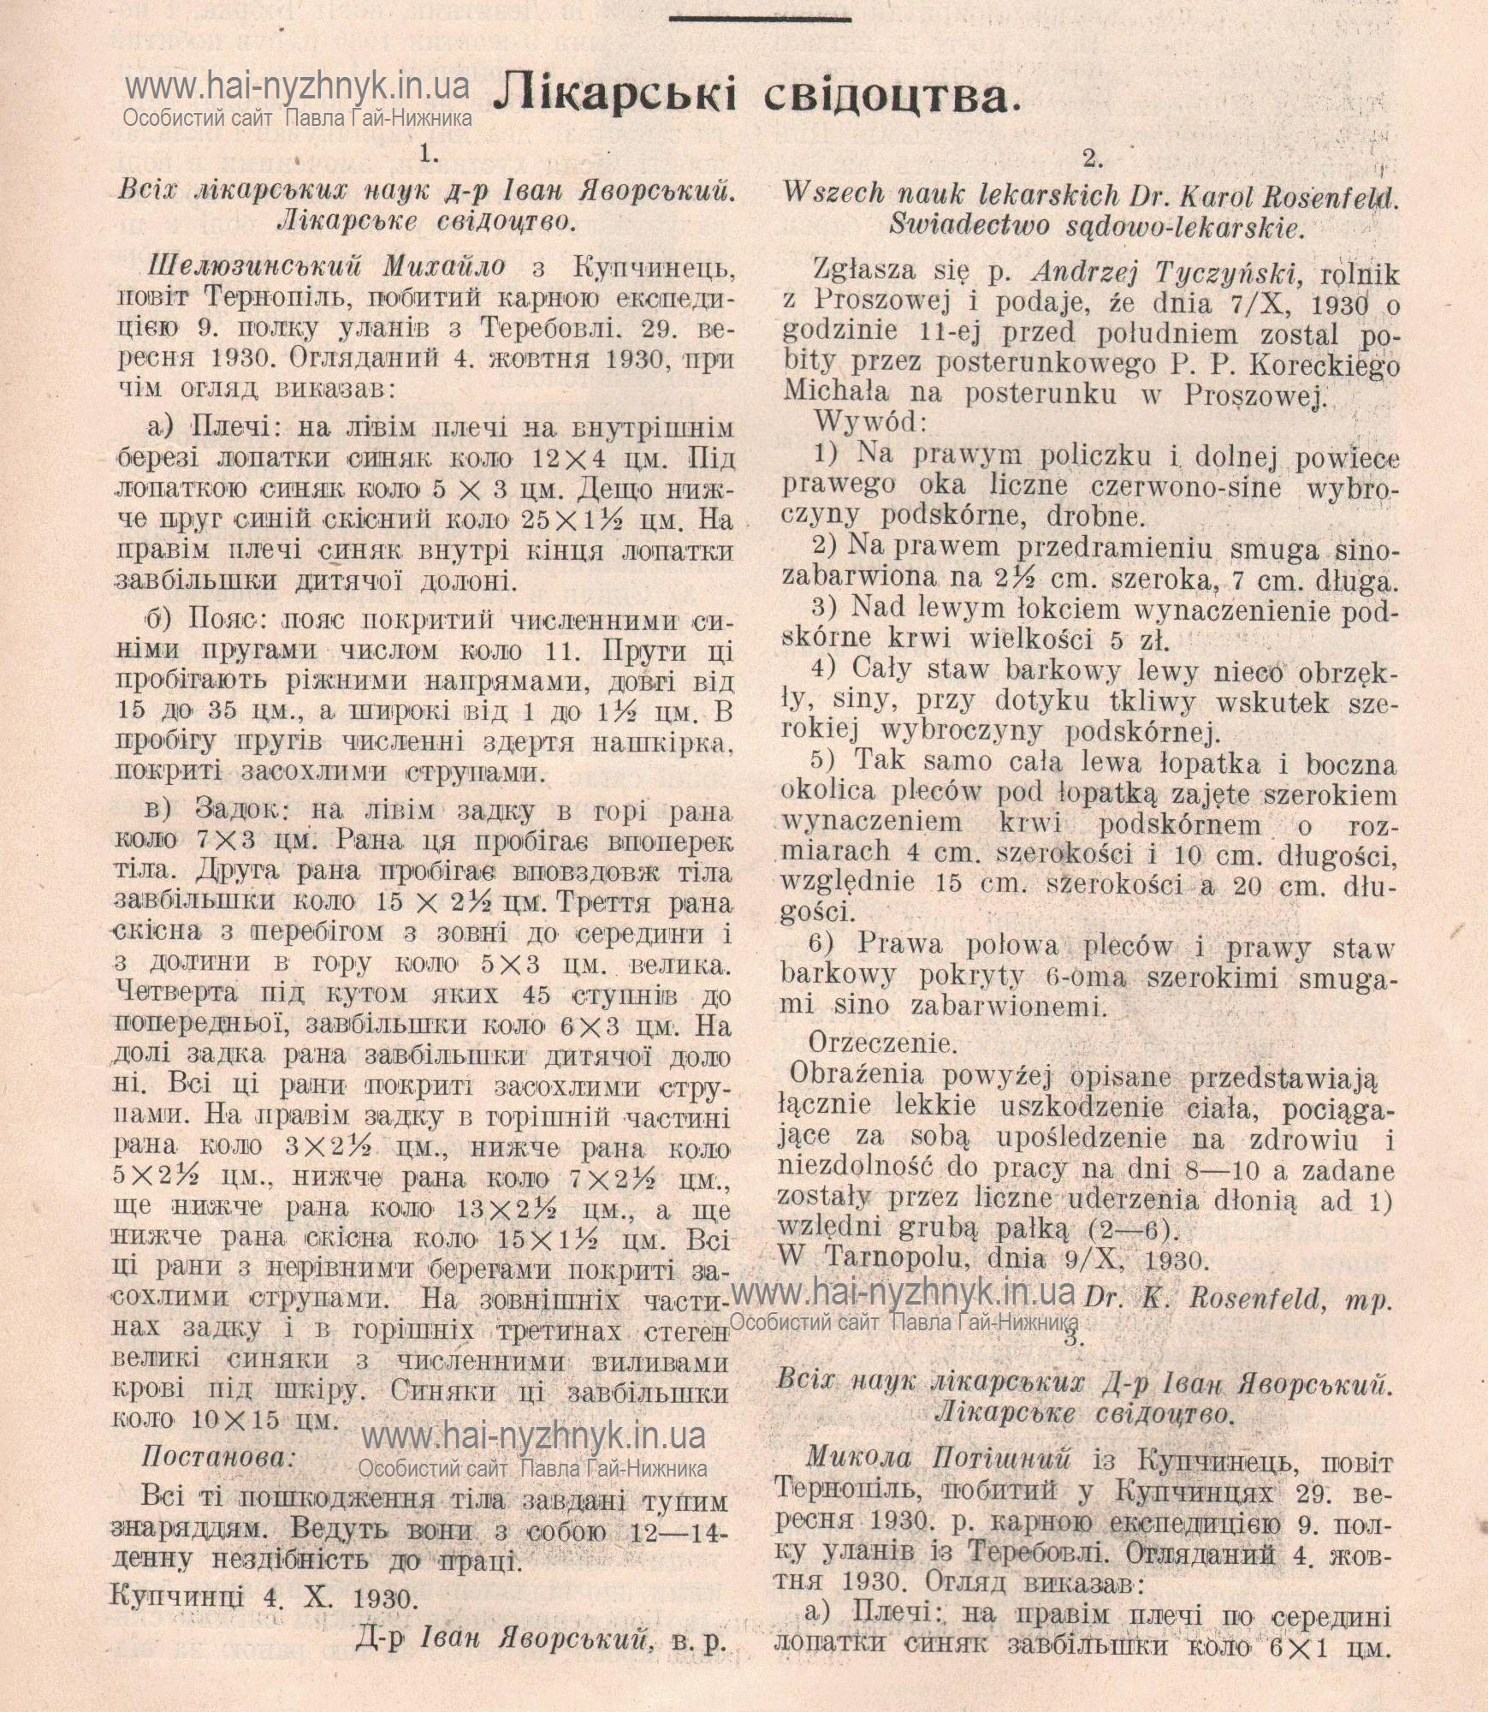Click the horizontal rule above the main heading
tap(761, 19)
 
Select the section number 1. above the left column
tap(428, 154)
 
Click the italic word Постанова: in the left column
tap(217, 1457)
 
